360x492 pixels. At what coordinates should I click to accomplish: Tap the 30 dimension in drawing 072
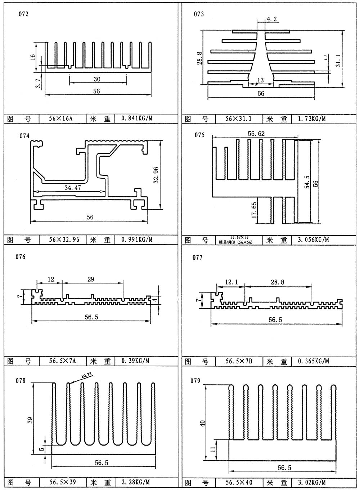tap(97, 79)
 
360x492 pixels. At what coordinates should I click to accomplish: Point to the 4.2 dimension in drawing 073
tap(272, 19)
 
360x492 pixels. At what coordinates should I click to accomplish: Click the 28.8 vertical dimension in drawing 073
tap(200, 58)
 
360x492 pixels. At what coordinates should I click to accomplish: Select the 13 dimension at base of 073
tap(261, 80)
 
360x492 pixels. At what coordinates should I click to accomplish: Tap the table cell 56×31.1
tap(239, 118)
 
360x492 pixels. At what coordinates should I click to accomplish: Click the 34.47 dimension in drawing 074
tap(72, 188)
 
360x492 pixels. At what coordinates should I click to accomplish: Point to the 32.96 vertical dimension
tap(156, 175)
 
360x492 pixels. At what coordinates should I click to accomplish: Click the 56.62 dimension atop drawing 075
tap(256, 134)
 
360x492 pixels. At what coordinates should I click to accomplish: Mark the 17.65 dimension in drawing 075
tap(253, 210)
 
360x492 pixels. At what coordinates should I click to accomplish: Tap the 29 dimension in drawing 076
tap(91, 279)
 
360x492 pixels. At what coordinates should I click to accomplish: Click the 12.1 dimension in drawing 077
tap(231, 282)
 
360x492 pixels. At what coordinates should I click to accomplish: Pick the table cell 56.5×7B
tap(239, 361)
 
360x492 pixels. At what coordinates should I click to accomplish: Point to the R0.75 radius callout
tap(86, 376)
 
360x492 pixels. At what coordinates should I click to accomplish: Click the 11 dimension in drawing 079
tap(213, 449)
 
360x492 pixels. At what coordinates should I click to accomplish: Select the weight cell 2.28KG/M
tap(136, 482)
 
